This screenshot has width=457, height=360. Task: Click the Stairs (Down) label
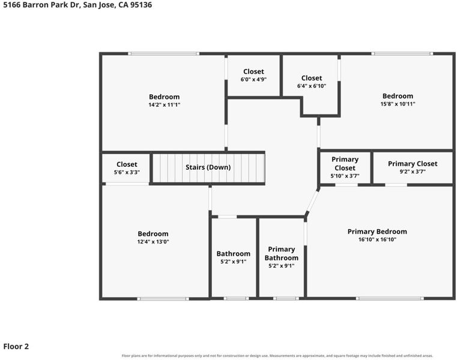tap(208, 167)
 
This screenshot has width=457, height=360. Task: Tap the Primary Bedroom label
tap(377, 232)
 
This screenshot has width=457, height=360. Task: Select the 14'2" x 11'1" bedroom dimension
tap(165, 105)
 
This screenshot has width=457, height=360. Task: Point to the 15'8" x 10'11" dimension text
tap(398, 104)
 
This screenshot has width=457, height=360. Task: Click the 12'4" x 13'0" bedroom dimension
tap(153, 242)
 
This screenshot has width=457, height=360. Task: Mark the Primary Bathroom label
tap(281, 254)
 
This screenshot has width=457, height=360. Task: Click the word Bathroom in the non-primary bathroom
tap(233, 254)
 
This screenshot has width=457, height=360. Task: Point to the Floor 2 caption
tap(16, 347)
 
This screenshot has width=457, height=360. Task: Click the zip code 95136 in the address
tap(141, 5)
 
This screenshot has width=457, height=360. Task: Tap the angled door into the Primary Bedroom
tap(312, 201)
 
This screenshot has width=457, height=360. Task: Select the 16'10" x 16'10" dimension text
tap(377, 240)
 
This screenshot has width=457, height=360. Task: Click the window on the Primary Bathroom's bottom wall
tap(286, 298)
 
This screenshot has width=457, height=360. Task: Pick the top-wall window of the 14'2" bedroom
tap(164, 53)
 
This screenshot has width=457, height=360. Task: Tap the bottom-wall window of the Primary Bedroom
tap(390, 298)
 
